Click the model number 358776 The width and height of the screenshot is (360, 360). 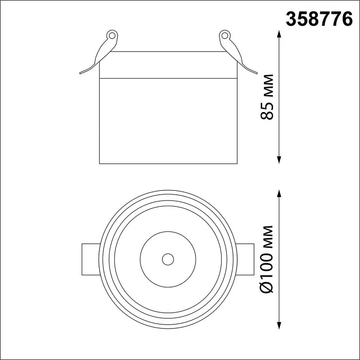pos(319,20)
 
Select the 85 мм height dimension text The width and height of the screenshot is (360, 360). pos(267,97)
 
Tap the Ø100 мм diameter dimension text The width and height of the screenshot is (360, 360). pos(267,259)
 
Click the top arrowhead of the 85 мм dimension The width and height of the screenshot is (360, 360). pos(279,34)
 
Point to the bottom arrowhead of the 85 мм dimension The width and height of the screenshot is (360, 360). pos(279,160)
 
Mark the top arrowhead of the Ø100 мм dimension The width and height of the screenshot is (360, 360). pos(279,193)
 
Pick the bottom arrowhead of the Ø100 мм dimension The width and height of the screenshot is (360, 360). pos(279,326)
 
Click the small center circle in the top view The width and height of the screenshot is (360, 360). pos(168,259)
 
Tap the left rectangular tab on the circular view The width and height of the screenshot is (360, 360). pos(91,259)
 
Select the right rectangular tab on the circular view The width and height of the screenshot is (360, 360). pos(245,259)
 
